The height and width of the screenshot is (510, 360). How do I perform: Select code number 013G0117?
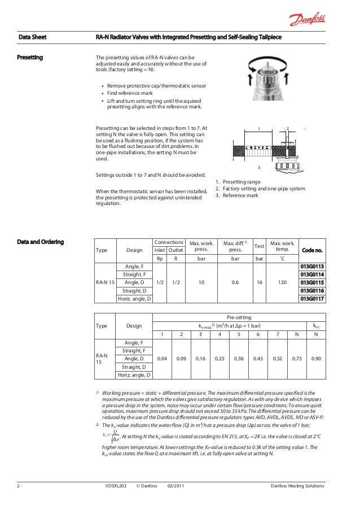point(312,299)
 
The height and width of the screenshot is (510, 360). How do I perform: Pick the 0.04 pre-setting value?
point(162,359)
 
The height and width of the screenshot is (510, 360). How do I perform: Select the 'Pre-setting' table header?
point(239,317)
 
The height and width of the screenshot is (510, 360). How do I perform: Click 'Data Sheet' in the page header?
point(32,37)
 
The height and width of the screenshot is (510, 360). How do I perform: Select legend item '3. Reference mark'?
point(237,195)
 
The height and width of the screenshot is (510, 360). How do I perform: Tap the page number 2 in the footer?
point(19,486)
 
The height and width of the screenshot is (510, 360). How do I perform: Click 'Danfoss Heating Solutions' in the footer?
point(297,486)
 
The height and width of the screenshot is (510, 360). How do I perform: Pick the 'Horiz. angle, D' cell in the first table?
point(134,299)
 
